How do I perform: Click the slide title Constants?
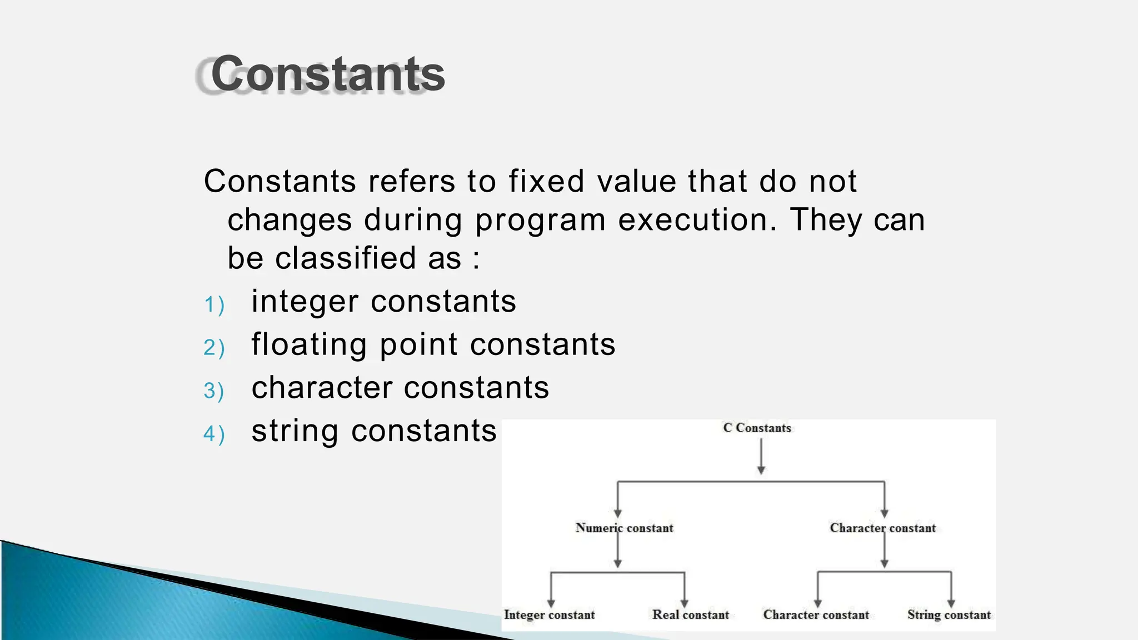(328, 74)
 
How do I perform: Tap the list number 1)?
(214, 304)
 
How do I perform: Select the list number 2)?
(214, 348)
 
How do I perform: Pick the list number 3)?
(214, 391)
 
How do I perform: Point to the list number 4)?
(214, 434)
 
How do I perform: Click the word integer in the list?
(305, 302)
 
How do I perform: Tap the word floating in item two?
(309, 344)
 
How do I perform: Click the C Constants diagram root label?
(757, 428)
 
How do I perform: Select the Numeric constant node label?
(624, 528)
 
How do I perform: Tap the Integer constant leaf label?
(549, 615)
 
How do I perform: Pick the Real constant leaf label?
(690, 615)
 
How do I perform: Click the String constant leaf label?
(949, 615)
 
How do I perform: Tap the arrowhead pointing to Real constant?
(685, 603)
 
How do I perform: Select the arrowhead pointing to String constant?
(951, 603)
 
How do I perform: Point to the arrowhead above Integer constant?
(551, 603)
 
